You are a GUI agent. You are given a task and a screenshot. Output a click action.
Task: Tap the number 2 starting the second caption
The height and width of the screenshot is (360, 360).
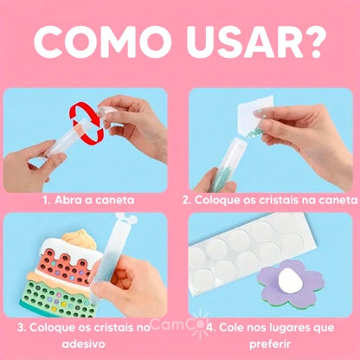pos(186,198)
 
